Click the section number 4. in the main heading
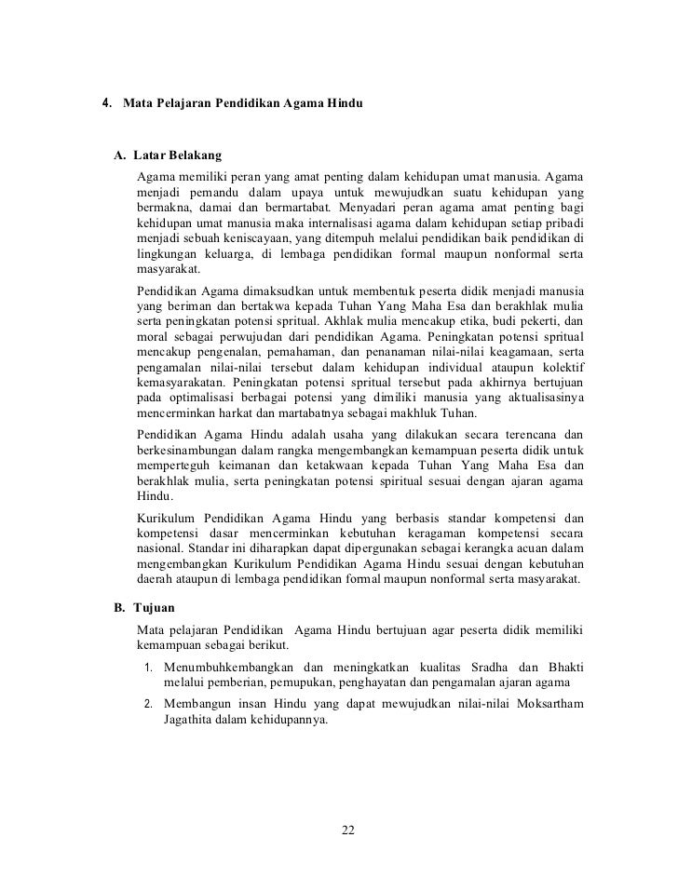coord(107,99)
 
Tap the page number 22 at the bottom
coord(349,831)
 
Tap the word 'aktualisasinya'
coord(541,398)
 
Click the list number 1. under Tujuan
coord(150,667)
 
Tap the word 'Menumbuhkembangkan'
coord(228,667)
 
